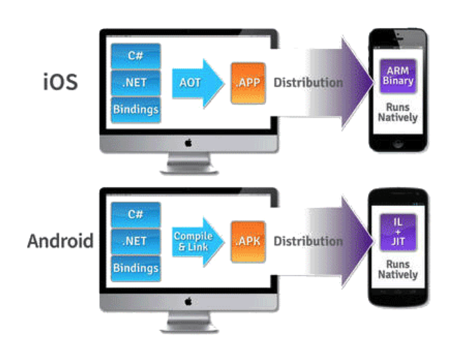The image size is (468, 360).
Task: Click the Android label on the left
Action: pyautogui.click(x=61, y=241)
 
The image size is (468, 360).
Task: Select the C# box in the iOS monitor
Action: pyautogui.click(x=135, y=56)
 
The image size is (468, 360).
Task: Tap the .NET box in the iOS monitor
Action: pyautogui.click(x=135, y=82)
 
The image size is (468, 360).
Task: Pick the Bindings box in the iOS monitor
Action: pyautogui.click(x=135, y=108)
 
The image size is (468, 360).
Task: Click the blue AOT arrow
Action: pyautogui.click(x=194, y=82)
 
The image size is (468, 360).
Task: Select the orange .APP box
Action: pyautogui.click(x=248, y=82)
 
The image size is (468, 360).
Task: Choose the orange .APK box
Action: pyautogui.click(x=248, y=241)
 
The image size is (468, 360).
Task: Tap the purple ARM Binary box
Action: pyautogui.click(x=398, y=76)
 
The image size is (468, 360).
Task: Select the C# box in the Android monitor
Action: pyautogui.click(x=135, y=215)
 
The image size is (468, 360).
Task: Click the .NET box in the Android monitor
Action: pyautogui.click(x=135, y=241)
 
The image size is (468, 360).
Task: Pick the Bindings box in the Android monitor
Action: pyautogui.click(x=135, y=268)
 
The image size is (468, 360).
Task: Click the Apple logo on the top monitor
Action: pyautogui.click(x=188, y=143)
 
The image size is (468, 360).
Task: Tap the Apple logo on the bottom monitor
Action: pyautogui.click(x=188, y=301)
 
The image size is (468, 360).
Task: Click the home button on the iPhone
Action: pyautogui.click(x=398, y=144)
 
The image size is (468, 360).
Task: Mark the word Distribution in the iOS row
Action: pyautogui.click(x=308, y=82)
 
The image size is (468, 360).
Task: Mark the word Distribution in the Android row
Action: pyautogui.click(x=308, y=241)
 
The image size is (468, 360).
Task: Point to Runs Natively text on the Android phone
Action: pyautogui.click(x=398, y=269)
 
